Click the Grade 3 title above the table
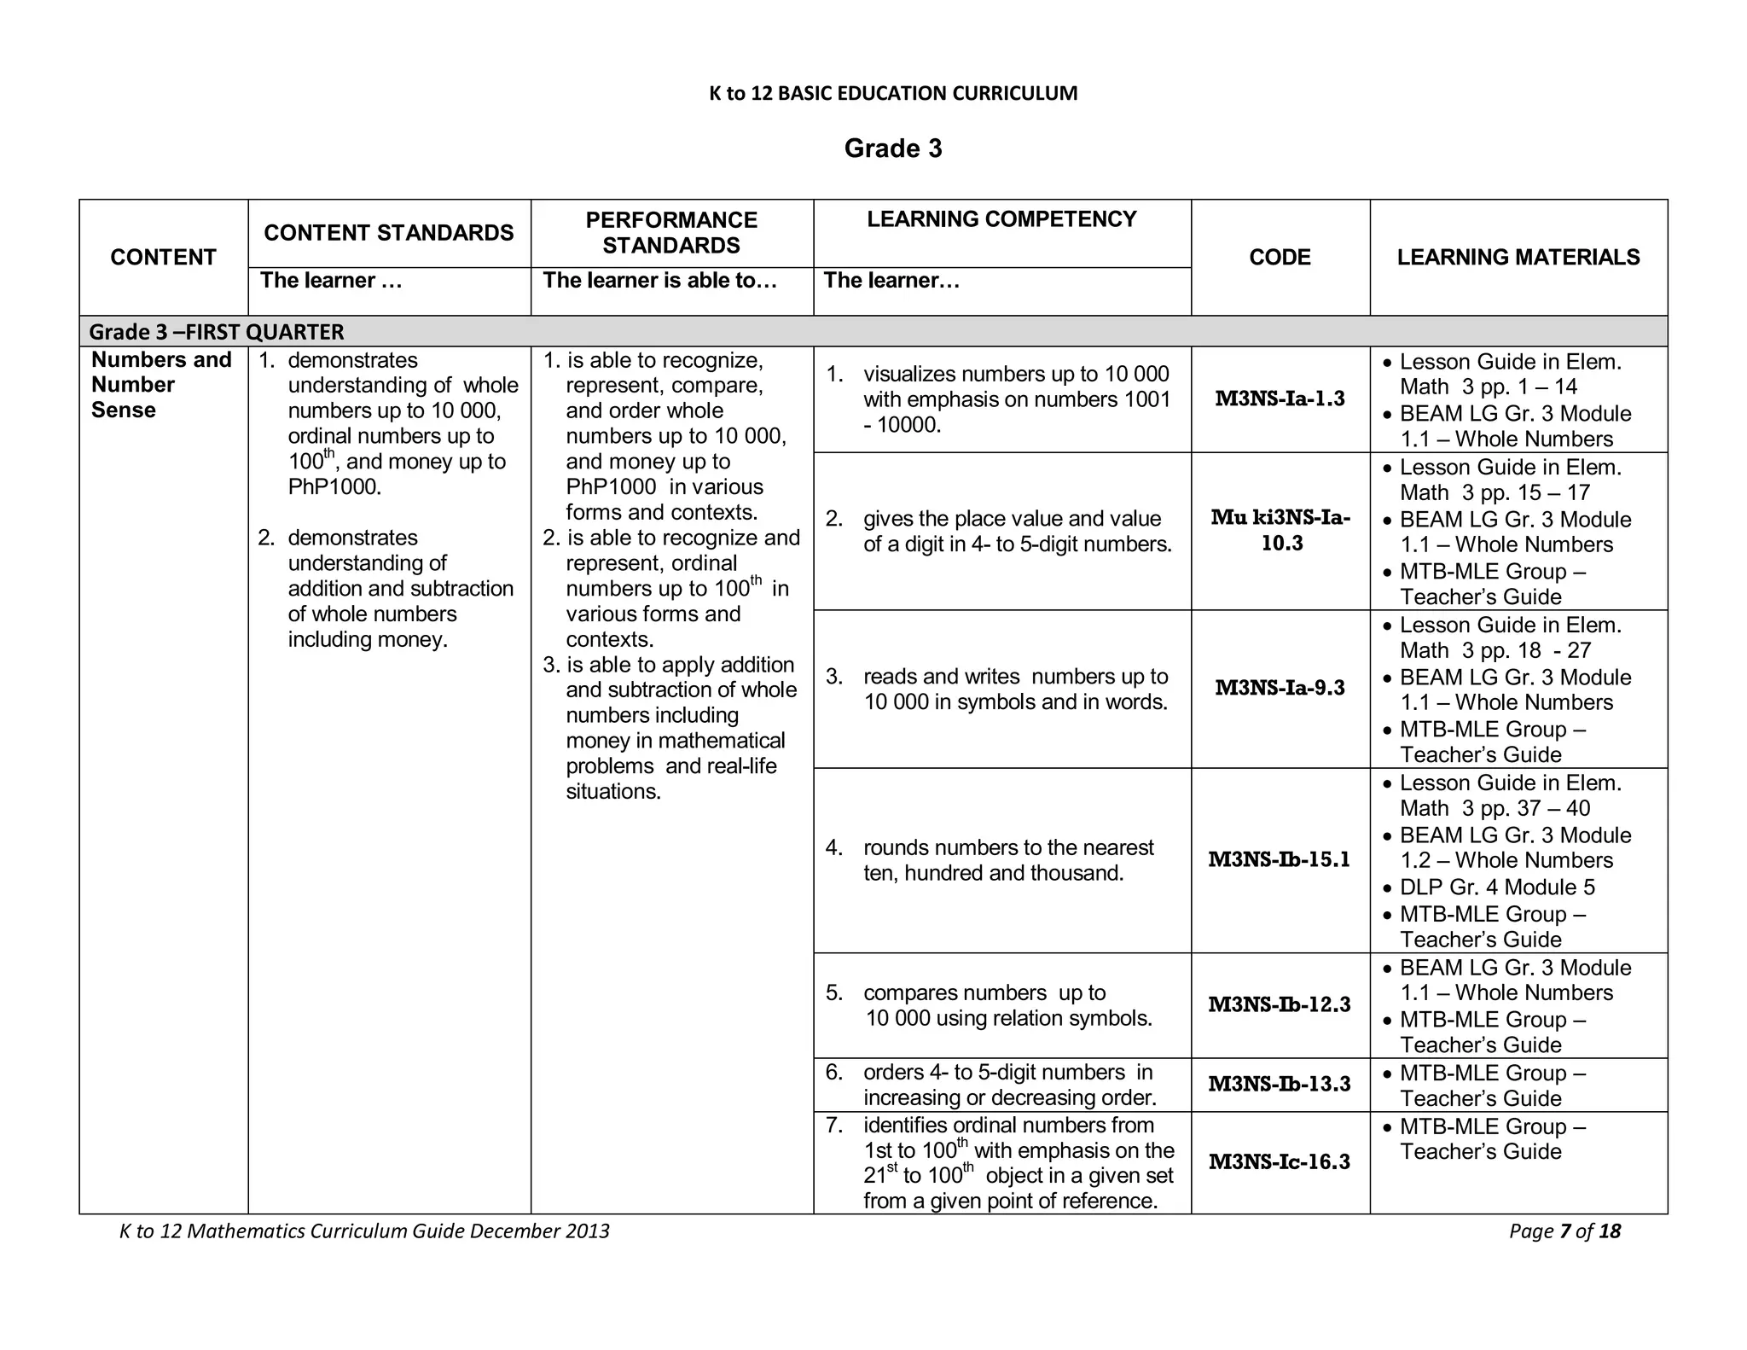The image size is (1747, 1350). (x=892, y=148)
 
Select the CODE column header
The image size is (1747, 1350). (x=1280, y=257)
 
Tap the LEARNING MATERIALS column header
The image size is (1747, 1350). (x=1518, y=257)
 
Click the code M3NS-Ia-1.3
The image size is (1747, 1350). (x=1280, y=399)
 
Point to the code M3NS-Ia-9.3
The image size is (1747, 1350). (x=1280, y=688)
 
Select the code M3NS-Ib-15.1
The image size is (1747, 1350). (x=1280, y=859)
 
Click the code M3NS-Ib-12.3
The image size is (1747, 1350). (x=1280, y=1004)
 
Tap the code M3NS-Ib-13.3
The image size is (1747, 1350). (x=1280, y=1084)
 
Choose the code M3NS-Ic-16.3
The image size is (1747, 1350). (x=1280, y=1161)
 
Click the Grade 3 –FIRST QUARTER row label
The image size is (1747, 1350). (x=217, y=331)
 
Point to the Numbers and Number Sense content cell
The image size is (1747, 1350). (x=161, y=385)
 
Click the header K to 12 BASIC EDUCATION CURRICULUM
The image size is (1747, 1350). (x=892, y=93)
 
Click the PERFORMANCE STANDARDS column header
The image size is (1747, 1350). (x=670, y=232)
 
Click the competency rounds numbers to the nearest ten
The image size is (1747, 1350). (x=1007, y=860)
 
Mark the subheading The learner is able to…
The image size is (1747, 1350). (x=659, y=280)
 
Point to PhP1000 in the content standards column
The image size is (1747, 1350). (x=334, y=487)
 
